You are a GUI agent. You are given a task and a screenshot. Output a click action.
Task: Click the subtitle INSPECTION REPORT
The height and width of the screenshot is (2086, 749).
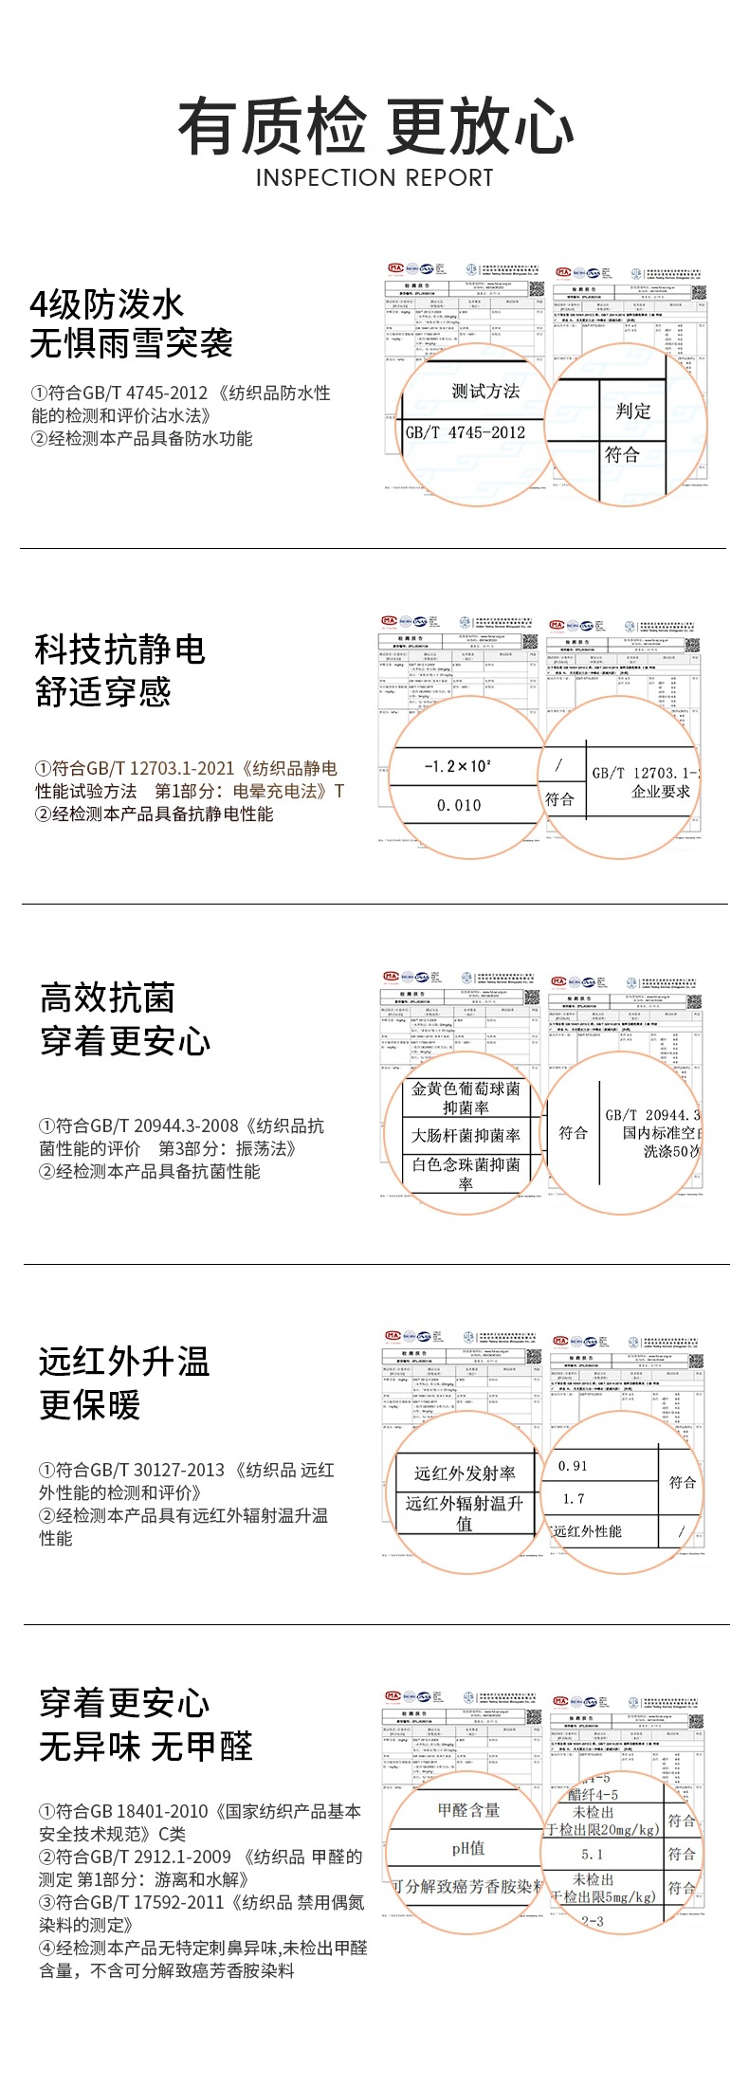pos(374,178)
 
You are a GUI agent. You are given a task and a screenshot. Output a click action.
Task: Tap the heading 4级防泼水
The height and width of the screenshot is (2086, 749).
pos(107,305)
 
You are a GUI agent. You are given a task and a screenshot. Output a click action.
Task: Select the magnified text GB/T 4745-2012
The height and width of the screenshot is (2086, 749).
pos(466,432)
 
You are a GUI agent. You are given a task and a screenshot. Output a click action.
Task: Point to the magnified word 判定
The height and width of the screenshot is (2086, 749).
pos(633,411)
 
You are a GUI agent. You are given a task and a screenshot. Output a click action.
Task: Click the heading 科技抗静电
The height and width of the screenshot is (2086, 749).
pos(120,650)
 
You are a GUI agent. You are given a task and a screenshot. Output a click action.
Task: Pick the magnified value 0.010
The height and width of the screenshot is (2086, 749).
pos(459,805)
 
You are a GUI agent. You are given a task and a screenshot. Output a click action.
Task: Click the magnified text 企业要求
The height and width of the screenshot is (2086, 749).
pos(661,792)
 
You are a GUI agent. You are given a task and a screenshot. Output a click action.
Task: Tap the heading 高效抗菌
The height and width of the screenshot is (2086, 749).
pos(107,998)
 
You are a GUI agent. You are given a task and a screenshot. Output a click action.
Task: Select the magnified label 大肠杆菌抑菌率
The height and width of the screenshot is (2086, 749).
pos(466,1135)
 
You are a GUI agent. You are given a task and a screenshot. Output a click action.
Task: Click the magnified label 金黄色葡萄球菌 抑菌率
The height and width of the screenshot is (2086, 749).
pos(466,1098)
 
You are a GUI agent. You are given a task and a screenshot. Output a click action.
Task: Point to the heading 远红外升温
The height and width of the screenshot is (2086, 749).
pos(124,1363)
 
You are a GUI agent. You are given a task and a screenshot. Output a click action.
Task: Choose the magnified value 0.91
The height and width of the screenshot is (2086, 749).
pos(574,1466)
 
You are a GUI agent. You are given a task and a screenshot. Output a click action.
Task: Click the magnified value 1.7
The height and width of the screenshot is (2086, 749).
pos(574,1499)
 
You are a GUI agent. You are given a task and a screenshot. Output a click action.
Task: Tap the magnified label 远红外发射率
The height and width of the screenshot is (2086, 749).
pos(465,1473)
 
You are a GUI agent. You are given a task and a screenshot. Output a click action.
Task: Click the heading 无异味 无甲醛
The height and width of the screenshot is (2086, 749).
pos(146,1747)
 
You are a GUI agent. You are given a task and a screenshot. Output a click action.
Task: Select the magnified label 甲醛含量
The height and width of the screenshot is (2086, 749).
pos(468,1810)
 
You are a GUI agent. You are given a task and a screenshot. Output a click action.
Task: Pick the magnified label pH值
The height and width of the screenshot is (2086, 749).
pos(468,1848)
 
